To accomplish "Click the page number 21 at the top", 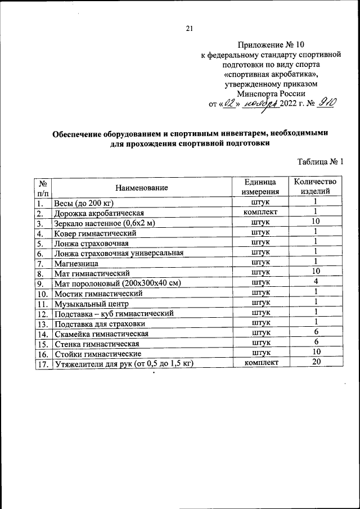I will [x=189, y=29].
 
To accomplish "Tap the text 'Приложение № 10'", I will [x=272, y=44].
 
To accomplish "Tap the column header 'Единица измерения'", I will [x=260, y=187].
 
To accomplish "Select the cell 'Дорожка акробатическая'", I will [x=99, y=213].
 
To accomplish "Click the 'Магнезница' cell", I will [x=76, y=263].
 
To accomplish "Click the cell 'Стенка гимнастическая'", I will [x=96, y=344].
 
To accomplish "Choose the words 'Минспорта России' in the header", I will [x=271, y=94].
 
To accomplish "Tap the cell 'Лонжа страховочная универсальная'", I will [x=119, y=253].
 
